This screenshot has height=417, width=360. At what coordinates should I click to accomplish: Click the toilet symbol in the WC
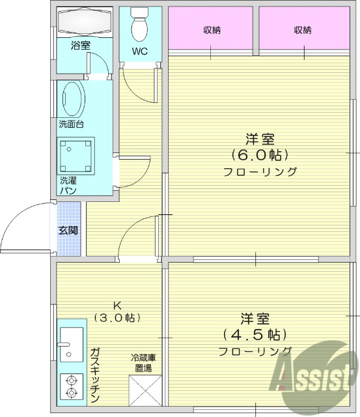click(x=139, y=27)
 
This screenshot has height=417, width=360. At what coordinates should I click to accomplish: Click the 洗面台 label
click(x=72, y=124)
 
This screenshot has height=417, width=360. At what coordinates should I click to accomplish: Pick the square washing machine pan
click(x=77, y=154)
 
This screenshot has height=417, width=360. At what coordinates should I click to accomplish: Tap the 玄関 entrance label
click(x=68, y=230)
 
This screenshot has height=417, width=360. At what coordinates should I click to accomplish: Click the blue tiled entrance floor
click(x=68, y=244)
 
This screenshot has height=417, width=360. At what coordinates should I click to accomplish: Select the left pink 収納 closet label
click(x=211, y=30)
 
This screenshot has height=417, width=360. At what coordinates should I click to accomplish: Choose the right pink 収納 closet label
click(x=302, y=30)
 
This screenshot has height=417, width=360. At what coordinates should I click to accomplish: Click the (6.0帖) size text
click(x=260, y=155)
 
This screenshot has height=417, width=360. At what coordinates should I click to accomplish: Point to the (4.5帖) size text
click(x=255, y=335)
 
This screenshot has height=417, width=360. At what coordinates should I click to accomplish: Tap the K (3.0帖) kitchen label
click(x=117, y=312)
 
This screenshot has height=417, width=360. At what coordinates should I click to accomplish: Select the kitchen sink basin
click(x=71, y=345)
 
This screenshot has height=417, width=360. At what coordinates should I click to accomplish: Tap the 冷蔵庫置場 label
click(x=143, y=363)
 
